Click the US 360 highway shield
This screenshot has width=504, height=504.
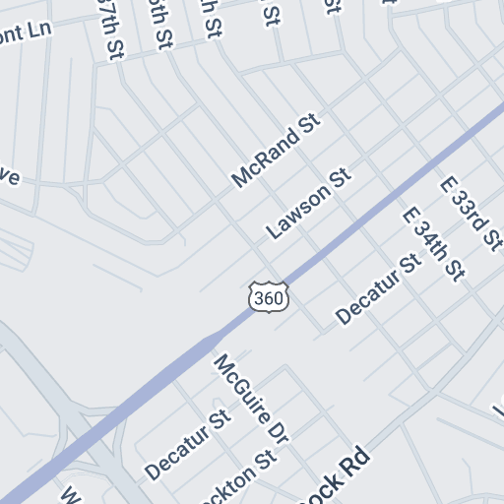(269, 296)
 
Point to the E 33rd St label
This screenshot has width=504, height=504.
(471, 214)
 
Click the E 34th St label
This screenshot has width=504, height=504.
(432, 243)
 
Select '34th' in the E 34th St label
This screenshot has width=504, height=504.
(431, 241)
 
